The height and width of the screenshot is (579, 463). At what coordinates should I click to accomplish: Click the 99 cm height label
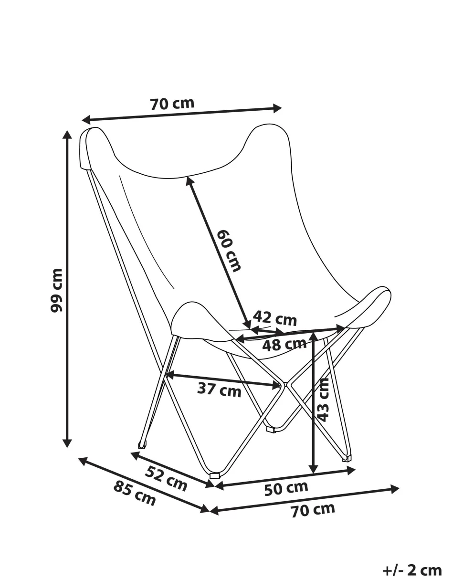[56, 290]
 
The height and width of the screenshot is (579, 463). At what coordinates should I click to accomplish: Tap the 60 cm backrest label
[229, 251]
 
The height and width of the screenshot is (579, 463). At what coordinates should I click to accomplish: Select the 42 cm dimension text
[274, 318]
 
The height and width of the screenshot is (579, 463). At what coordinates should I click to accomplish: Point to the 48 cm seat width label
[284, 345]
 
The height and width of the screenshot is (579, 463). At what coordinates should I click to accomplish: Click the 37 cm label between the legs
[219, 390]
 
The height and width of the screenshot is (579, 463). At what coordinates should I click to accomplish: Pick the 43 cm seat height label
[323, 400]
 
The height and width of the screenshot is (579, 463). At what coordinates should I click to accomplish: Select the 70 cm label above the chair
[172, 104]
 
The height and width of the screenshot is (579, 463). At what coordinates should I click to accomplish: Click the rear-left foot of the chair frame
[143, 445]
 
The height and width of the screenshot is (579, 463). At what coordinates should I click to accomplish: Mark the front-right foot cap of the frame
[347, 458]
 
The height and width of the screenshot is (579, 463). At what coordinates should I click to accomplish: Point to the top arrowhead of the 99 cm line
[67, 135]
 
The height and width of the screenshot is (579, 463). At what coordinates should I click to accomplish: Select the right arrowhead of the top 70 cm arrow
[277, 108]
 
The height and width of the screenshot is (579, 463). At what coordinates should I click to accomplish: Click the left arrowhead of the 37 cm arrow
[169, 375]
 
